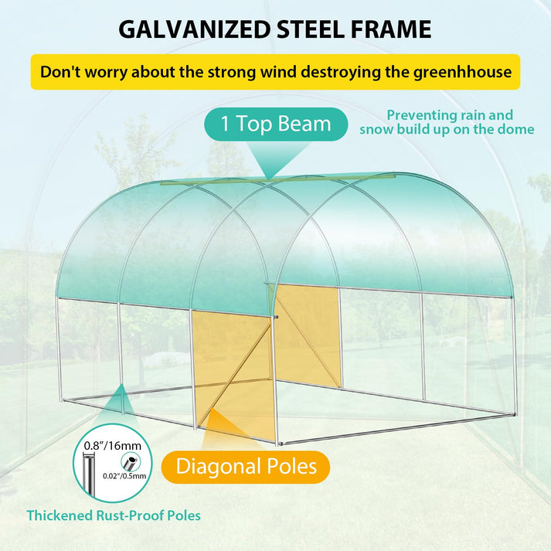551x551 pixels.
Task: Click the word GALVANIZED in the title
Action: coord(195,29)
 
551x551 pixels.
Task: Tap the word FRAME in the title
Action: coord(391,29)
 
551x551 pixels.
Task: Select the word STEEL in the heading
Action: coord(311,29)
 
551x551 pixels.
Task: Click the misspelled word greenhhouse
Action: coord(462,73)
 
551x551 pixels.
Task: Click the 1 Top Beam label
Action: coord(276,124)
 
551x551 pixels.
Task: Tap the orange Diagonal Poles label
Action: coord(246,467)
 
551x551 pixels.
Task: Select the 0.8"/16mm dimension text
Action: coord(113,446)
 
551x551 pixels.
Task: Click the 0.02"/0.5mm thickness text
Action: coord(124,476)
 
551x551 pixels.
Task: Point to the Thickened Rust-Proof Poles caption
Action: coord(114,515)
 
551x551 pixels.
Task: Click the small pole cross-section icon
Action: coord(131,462)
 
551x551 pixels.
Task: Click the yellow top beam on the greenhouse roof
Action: coord(277,179)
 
